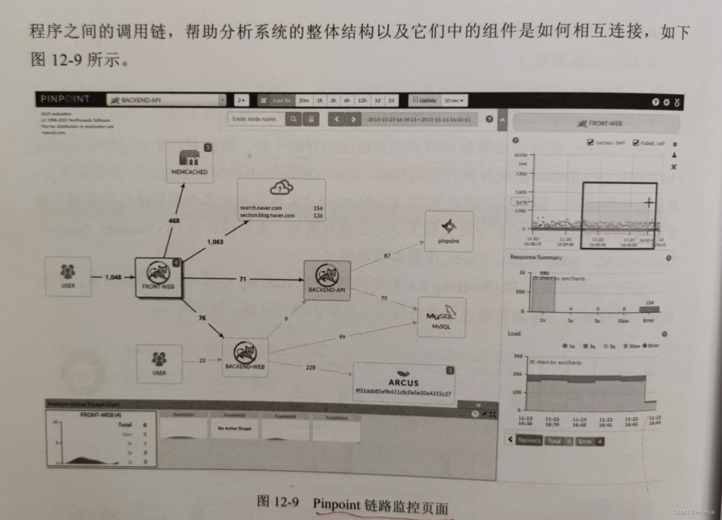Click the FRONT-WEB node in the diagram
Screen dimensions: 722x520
[x=158, y=277]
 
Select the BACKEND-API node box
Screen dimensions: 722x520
[x=327, y=280]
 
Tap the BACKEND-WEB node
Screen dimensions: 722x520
[x=245, y=357]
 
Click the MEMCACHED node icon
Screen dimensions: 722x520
[x=189, y=158]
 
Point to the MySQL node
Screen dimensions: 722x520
[x=441, y=317]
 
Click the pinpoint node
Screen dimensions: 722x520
[x=449, y=231]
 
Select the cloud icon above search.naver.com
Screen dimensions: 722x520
[x=281, y=187]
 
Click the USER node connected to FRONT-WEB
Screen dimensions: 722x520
[x=68, y=276]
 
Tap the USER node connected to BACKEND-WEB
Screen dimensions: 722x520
[x=159, y=363]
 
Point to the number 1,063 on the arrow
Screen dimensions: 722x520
[x=215, y=242]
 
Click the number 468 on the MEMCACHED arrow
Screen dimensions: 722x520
[x=174, y=220]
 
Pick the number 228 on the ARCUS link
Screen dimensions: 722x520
[x=310, y=367]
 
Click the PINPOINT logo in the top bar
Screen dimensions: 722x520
[x=65, y=99]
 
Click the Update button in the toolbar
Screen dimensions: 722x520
[x=424, y=100]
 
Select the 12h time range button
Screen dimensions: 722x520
[x=362, y=100]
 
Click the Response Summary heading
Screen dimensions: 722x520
[x=536, y=257]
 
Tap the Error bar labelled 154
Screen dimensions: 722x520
[x=649, y=309]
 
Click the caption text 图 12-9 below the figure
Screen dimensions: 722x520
[x=278, y=501]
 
